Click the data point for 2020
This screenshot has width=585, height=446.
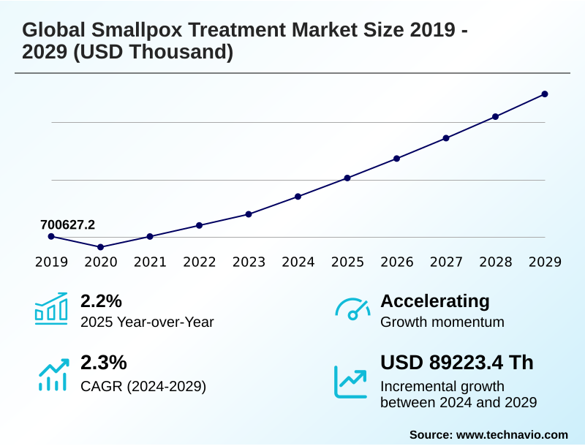[100, 247]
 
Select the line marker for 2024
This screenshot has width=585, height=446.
[298, 197]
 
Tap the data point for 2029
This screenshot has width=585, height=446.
[545, 94]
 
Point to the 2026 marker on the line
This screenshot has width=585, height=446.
[397, 158]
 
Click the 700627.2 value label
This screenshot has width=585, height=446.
[67, 224]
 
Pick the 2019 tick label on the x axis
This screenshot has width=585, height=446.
[51, 262]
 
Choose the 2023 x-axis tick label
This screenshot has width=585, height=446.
[249, 262]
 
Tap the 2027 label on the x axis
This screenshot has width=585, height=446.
[446, 262]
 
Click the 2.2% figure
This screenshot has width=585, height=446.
[101, 301]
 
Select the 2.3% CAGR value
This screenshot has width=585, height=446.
[103, 363]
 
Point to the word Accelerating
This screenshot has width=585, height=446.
[435, 301]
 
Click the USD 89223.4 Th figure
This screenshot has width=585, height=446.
[457, 363]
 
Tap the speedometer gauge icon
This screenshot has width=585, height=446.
[352, 308]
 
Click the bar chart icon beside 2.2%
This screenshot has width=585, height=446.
[50, 308]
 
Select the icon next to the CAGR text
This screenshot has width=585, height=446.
[52, 374]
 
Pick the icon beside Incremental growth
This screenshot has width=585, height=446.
[350, 381]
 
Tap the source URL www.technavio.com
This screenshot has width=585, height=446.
[512, 434]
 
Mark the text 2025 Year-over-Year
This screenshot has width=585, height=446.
[147, 322]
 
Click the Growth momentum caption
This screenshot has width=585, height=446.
[442, 322]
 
